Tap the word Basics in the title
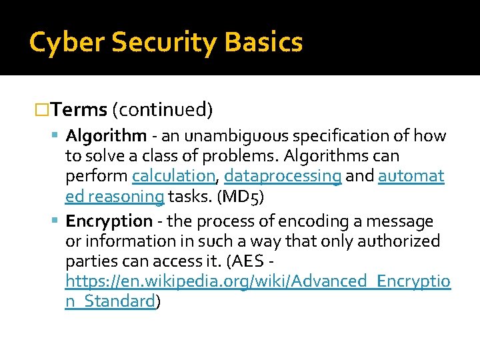265,43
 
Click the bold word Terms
79,109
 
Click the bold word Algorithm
106,136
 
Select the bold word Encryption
109,221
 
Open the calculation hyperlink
174,177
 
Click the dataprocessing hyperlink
283,177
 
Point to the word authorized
398,241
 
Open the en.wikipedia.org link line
258,281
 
